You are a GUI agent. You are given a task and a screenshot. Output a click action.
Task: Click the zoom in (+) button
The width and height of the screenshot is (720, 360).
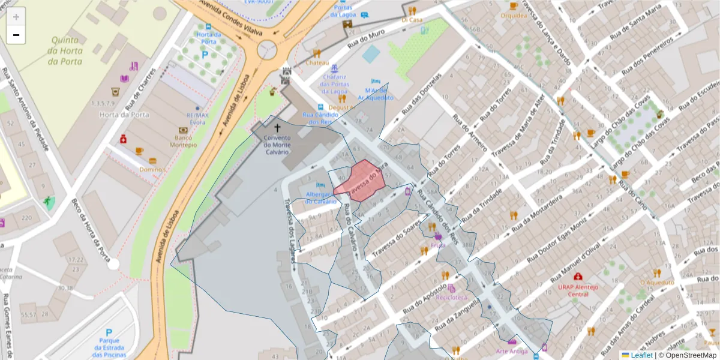(x=16, y=17)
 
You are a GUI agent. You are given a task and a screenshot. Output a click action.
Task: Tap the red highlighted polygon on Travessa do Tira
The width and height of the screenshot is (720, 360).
(x=359, y=179)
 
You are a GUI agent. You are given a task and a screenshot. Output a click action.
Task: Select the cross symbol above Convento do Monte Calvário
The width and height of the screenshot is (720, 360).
(x=277, y=128)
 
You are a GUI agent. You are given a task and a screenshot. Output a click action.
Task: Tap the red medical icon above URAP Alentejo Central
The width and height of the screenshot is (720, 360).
(x=578, y=277)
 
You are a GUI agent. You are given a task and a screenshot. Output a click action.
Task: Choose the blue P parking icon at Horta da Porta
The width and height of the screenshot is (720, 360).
(x=205, y=55)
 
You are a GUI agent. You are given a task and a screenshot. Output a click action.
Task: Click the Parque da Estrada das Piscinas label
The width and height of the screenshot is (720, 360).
(x=109, y=347)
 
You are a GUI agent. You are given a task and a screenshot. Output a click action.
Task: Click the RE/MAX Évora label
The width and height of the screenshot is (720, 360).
(x=196, y=119)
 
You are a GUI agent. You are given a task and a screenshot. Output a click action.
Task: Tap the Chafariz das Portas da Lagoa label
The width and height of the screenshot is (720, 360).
(x=334, y=84)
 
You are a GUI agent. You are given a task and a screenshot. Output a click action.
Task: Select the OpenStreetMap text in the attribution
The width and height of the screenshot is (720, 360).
(x=691, y=355)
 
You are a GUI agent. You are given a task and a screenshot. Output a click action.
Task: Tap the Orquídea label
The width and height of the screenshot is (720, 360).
(x=514, y=16)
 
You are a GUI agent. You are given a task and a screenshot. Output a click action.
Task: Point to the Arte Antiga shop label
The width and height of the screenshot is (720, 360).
(x=512, y=351)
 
